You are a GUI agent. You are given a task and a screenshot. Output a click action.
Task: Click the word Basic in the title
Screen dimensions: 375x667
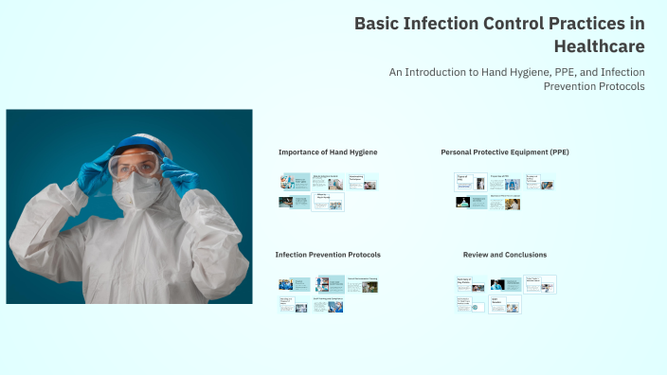click(377, 24)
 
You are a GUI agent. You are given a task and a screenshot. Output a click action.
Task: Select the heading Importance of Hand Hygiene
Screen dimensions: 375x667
click(328, 152)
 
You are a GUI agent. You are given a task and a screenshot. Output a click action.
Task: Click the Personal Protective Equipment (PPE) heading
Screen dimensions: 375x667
click(505, 152)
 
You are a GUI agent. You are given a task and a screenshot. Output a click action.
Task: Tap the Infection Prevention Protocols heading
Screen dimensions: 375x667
click(328, 255)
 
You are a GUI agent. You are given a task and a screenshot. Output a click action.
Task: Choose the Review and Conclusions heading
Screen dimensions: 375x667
click(504, 255)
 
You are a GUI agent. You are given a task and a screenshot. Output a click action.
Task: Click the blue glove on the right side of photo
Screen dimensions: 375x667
click(178, 175)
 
